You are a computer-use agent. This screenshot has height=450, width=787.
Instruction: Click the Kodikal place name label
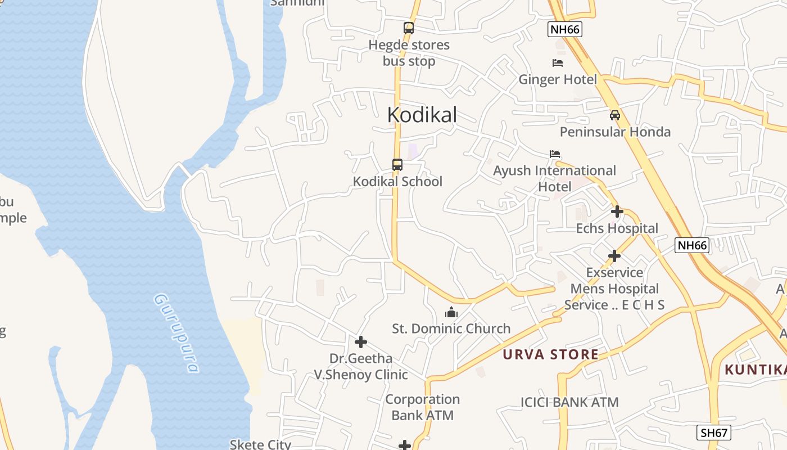(422, 115)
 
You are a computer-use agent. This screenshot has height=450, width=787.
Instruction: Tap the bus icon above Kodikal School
(397, 165)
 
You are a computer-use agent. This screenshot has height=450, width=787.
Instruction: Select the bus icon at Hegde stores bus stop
(409, 28)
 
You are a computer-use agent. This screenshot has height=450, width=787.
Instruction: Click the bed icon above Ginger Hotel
(558, 62)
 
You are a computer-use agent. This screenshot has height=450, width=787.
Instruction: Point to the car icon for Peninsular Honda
(615, 115)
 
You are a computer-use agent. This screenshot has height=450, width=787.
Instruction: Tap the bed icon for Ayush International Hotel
(555, 154)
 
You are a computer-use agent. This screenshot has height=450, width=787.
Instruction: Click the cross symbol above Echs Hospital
(617, 211)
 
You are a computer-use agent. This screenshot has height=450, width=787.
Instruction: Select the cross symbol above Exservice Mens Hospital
(614, 256)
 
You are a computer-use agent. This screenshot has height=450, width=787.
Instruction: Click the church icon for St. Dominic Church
(451, 312)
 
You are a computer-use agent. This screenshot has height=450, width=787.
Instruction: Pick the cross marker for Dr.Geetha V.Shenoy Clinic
(361, 341)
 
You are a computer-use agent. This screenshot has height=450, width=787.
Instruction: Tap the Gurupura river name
(177, 333)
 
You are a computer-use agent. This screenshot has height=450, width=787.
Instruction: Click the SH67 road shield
(714, 433)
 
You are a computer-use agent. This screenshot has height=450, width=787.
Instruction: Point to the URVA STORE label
(550, 354)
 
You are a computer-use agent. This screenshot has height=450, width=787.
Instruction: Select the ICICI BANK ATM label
(569, 402)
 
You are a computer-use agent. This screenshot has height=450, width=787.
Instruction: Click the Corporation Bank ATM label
(422, 407)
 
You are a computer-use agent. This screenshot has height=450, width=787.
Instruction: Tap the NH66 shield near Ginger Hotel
(564, 29)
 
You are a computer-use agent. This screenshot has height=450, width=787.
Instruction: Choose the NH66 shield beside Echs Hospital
(691, 245)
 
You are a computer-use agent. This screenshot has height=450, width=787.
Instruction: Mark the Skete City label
(260, 444)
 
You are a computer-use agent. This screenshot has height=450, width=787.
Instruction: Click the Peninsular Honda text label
(615, 132)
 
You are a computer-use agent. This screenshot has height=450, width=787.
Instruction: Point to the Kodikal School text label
(397, 181)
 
